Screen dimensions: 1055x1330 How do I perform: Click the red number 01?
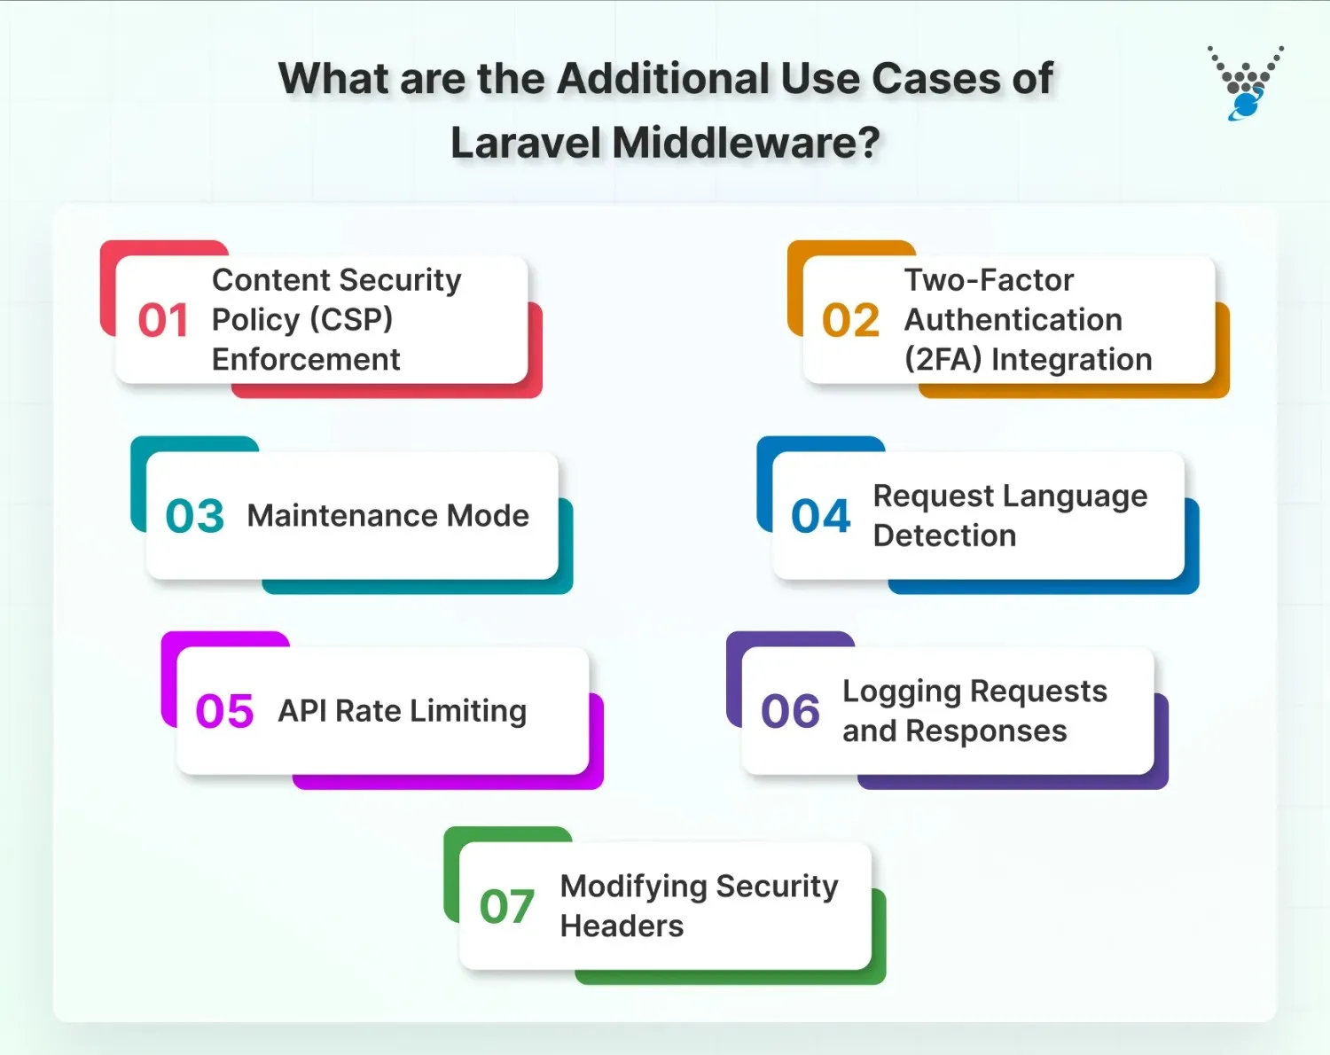pos(163,320)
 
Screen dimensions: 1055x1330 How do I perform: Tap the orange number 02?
pos(850,320)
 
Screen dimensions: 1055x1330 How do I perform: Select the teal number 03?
pos(195,516)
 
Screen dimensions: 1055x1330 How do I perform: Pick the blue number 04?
pos(821,516)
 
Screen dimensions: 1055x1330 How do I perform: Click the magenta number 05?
pos(224,711)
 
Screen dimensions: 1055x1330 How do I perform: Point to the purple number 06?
pos(790,711)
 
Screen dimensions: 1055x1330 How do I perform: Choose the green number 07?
pos(507,906)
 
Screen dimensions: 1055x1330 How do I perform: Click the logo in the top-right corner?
pos(1246,82)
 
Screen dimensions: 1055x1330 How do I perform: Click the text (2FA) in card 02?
pos(943,360)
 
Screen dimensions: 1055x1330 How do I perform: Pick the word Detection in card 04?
pos(944,535)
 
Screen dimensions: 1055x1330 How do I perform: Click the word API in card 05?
pos(302,711)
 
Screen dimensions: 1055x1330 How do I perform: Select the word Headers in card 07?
pos(622,926)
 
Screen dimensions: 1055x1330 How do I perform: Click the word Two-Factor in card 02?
pos(989,280)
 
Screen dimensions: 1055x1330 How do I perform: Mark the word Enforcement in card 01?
pos(306,360)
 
